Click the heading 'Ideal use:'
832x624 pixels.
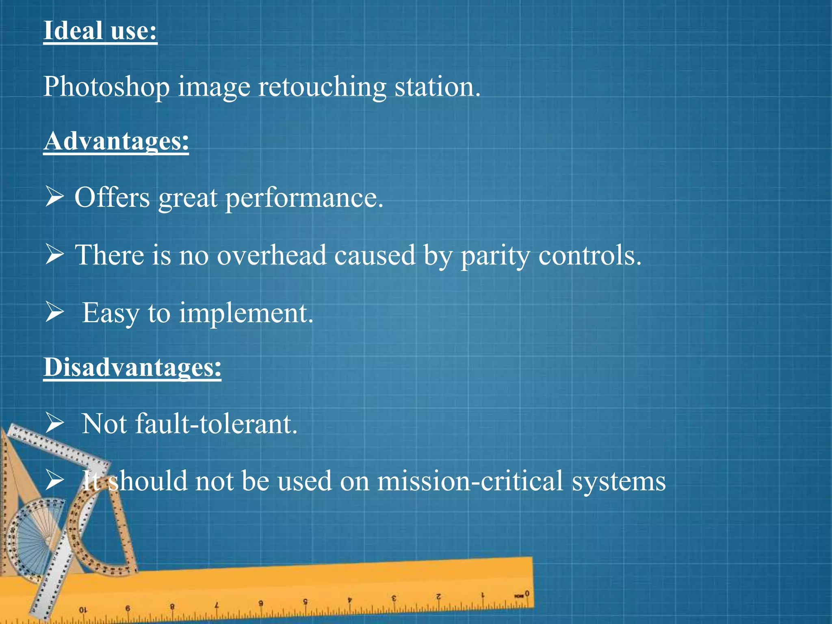[100, 31]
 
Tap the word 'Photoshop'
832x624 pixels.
[106, 87]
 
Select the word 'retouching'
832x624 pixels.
[322, 87]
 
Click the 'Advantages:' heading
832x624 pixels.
[116, 141]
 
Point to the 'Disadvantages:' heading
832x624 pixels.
[132, 367]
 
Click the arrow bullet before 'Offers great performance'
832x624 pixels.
[54, 197]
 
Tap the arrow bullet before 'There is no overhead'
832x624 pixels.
[54, 255]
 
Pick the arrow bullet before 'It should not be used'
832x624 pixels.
[54, 480]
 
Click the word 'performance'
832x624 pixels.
[304, 198]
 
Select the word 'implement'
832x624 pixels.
[246, 314]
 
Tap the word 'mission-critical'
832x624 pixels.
[470, 481]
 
